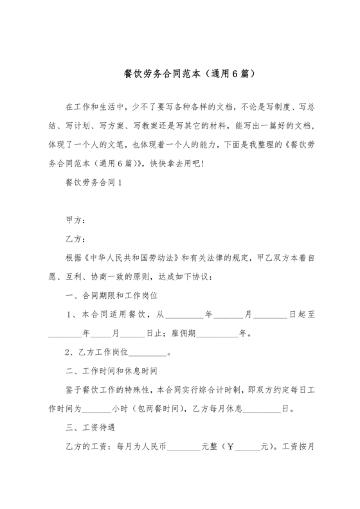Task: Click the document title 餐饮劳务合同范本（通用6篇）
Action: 180,74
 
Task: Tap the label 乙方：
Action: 75,240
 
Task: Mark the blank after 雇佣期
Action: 220,334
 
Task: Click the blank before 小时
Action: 97,409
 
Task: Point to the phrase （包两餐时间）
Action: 157,408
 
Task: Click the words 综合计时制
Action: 215,389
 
